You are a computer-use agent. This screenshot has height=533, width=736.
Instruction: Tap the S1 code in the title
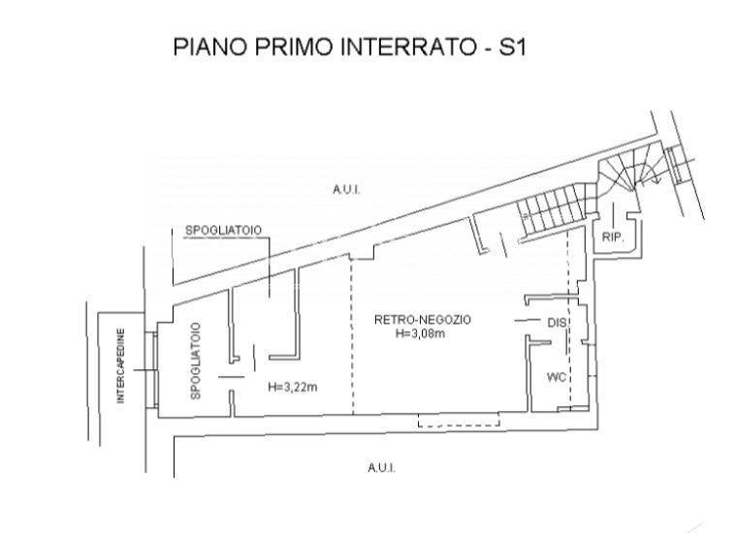click(x=512, y=47)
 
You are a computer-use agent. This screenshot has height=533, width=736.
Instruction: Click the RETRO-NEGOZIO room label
click(x=423, y=320)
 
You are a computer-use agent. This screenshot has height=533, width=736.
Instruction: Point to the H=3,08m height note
click(x=420, y=333)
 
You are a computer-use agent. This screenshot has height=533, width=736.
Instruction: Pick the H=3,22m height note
click(x=293, y=387)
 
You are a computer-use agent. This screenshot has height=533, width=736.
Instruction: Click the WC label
click(x=557, y=377)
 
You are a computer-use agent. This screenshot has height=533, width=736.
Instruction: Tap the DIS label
click(x=558, y=323)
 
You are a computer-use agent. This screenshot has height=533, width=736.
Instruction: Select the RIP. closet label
click(x=613, y=237)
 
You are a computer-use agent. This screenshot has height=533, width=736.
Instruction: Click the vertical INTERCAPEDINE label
click(x=121, y=366)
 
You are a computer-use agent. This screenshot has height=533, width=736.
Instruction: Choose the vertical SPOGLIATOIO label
click(x=196, y=361)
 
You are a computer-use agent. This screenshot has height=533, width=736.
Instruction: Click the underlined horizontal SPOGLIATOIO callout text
click(x=223, y=231)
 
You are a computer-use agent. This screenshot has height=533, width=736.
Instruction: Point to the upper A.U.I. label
click(x=346, y=190)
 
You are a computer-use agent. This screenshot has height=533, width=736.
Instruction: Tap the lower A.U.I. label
click(x=382, y=468)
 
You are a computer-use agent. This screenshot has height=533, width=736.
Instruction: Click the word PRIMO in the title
click(x=295, y=47)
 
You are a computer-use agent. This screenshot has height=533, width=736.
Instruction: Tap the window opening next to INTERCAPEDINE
click(x=151, y=370)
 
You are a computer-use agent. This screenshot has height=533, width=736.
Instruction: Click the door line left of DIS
click(x=528, y=321)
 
